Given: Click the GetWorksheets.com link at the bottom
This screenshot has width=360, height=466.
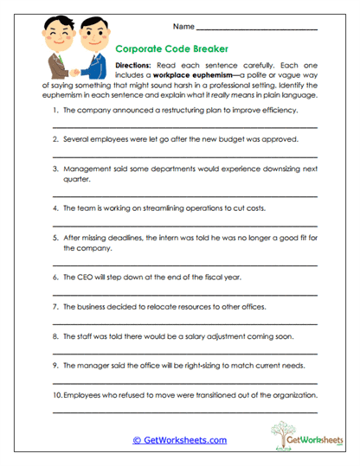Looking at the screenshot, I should click(179, 439).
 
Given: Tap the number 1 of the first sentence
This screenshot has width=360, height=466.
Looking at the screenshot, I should click(55, 112).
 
